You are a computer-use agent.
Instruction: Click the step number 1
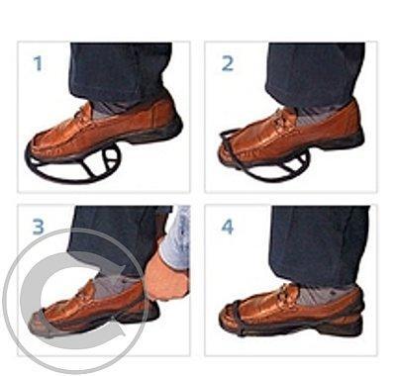click(x=39, y=63)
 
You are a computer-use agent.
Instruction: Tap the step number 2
click(x=228, y=63)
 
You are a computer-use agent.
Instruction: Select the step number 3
click(x=39, y=227)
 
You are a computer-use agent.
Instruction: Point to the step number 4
click(x=228, y=227)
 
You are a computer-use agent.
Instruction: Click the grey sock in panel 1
click(x=106, y=109)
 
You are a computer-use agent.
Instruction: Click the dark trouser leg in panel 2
click(x=315, y=71)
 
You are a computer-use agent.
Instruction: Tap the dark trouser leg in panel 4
click(x=319, y=244)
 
